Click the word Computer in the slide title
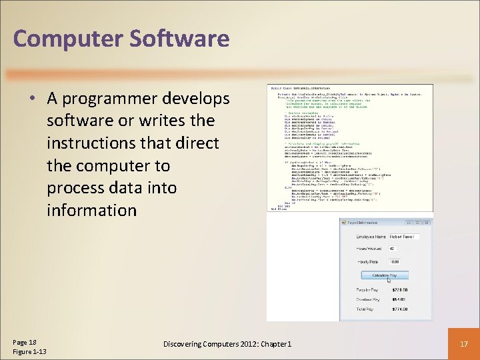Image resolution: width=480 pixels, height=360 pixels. [66, 39]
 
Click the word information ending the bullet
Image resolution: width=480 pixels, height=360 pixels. [91, 210]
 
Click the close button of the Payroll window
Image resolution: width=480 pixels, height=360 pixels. [426, 223]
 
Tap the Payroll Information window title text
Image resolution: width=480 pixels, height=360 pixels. [364, 223]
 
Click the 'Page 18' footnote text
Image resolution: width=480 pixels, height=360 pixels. [25, 341]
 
